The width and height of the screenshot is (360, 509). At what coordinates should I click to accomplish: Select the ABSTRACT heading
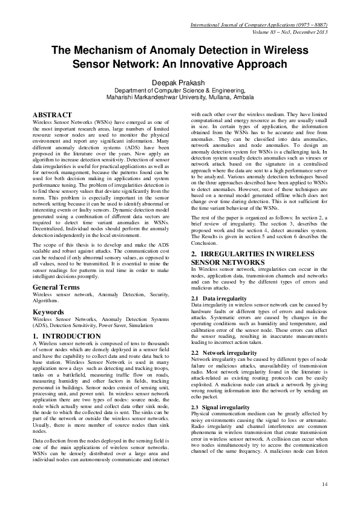pos(53,115)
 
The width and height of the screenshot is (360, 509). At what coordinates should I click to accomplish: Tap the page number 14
pos(324,484)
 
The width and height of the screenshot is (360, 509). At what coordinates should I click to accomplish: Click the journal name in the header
pos(259,26)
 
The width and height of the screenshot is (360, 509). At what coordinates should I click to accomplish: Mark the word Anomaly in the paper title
pos(178,51)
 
